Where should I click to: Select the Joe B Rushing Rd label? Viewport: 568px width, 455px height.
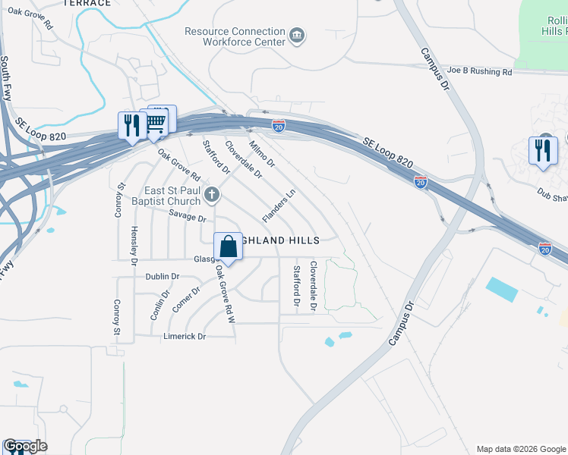(x=479, y=71)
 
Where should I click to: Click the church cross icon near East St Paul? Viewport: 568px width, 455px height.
(x=213, y=196)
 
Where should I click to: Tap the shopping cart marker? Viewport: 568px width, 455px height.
(x=156, y=123)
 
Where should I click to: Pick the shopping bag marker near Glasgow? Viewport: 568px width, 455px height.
(x=229, y=246)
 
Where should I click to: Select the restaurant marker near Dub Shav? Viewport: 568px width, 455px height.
(x=543, y=150)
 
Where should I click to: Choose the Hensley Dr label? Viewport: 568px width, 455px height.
(x=134, y=245)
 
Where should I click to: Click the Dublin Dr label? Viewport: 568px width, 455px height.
(x=163, y=277)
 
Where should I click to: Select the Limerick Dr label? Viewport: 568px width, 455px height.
(x=185, y=336)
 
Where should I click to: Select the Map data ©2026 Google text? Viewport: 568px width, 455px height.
(x=520, y=449)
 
